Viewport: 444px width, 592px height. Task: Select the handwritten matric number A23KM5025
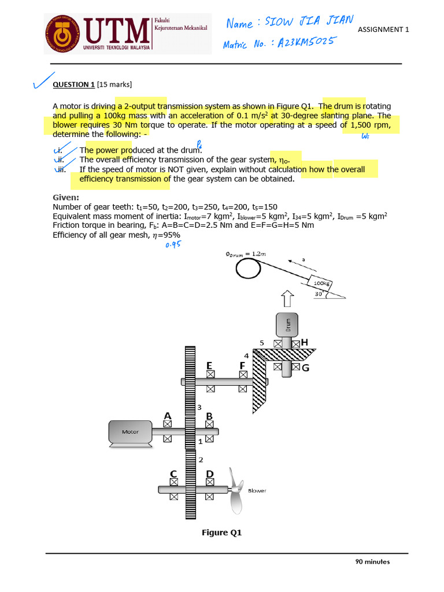[x=279, y=43]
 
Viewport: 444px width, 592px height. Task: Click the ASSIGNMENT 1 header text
[x=383, y=29]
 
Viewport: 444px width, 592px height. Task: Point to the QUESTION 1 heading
[x=73, y=84]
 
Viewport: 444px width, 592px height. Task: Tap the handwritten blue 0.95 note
[x=173, y=245]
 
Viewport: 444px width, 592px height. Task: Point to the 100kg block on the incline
[x=321, y=284]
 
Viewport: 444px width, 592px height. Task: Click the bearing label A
[x=168, y=416]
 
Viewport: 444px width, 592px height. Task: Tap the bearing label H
[x=304, y=343]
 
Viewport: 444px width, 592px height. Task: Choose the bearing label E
[x=209, y=365]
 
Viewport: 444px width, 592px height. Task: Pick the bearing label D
[x=210, y=474]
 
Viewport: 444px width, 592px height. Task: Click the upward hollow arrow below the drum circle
[x=287, y=299]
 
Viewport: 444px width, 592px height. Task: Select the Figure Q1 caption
[x=221, y=532]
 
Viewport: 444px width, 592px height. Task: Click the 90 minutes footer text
[x=372, y=561]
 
